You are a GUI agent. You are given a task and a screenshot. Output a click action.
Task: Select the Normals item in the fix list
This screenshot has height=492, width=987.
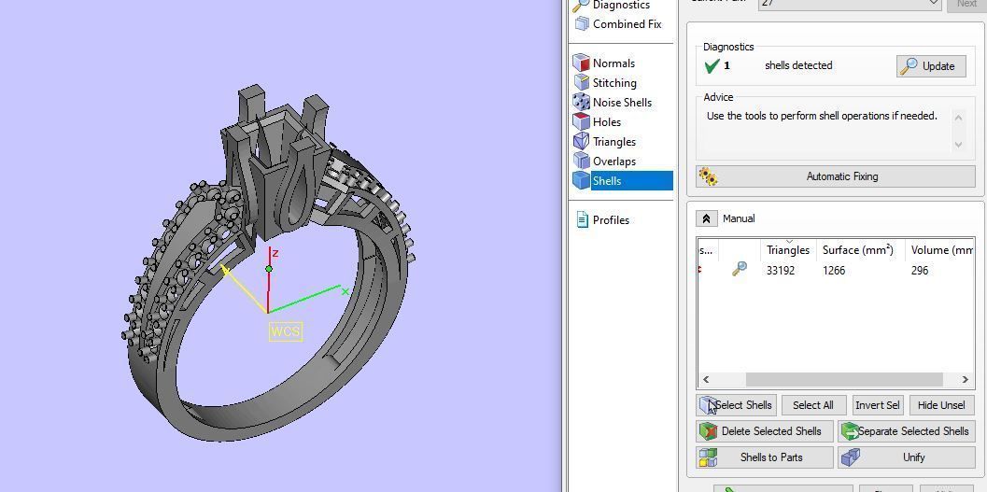613,63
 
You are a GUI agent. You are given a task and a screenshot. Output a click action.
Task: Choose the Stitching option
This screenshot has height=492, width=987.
613,83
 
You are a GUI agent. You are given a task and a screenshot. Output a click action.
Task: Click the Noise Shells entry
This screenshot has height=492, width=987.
621,103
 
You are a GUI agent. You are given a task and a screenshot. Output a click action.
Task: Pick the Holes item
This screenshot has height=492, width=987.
606,122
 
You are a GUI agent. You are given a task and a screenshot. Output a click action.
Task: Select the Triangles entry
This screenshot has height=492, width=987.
613,142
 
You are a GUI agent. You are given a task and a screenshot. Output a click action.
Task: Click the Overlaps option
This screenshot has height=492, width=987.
613,162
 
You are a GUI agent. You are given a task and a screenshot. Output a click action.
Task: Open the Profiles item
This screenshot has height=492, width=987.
611,220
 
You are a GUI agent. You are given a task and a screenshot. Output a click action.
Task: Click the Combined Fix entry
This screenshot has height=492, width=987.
627,24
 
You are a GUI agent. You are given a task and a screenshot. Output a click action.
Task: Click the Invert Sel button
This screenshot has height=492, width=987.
877,405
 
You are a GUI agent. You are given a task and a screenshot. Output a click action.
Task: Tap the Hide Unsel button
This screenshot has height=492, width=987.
940,405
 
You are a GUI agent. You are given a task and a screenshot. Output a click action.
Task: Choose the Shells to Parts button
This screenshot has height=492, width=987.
765,457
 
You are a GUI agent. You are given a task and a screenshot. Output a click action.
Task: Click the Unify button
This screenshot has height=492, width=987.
906,457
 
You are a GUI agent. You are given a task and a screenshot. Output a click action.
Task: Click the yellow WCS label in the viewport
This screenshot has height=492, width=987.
286,331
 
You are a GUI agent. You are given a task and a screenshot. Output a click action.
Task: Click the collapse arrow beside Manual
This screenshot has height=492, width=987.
706,218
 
